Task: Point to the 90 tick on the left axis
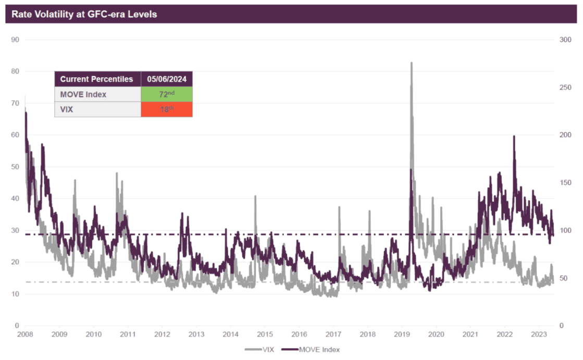(x=15, y=40)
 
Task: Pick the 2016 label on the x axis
(x=299, y=334)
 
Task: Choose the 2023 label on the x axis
(x=539, y=334)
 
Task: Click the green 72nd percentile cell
(x=167, y=94)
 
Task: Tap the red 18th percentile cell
(x=167, y=109)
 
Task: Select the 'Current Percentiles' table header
(x=97, y=79)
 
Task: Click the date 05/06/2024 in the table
(x=167, y=79)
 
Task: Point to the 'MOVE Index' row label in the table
(x=83, y=94)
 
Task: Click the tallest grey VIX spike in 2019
(x=412, y=63)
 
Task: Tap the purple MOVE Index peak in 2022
(x=514, y=136)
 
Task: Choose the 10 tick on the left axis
(x=15, y=294)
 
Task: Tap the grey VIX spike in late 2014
(x=255, y=196)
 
